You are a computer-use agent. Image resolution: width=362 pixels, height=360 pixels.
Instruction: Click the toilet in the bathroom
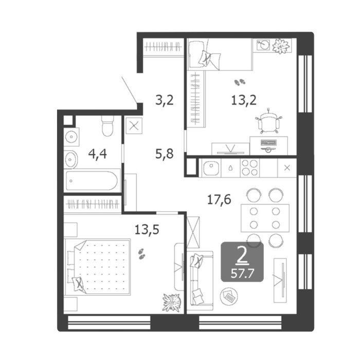107,126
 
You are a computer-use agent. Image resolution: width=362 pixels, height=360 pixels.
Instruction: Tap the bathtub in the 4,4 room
92,181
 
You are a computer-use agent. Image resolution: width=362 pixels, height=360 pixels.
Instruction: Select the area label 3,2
165,101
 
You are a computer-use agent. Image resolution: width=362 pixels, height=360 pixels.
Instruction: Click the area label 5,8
165,154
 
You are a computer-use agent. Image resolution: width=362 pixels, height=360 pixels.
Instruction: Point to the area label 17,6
219,200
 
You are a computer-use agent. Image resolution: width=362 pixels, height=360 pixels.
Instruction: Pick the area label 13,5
147,230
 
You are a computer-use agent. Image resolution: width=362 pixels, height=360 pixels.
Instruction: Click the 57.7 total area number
242,274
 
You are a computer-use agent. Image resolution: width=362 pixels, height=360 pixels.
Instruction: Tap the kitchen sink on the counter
210,168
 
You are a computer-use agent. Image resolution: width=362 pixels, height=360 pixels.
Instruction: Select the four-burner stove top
249,168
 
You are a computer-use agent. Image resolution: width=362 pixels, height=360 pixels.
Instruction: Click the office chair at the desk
268,122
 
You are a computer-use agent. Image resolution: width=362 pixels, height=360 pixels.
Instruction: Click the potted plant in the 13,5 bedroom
171,303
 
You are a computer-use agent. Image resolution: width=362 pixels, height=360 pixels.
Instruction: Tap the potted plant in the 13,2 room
281,46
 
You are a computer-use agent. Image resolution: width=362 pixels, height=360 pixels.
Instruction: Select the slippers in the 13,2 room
240,82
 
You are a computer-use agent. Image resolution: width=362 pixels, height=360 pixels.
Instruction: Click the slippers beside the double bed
141,254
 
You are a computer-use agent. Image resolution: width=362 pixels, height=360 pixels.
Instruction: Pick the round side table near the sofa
228,296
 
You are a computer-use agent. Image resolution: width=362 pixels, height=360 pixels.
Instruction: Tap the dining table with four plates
265,218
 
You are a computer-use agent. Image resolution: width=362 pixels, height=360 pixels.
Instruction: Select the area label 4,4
97,154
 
